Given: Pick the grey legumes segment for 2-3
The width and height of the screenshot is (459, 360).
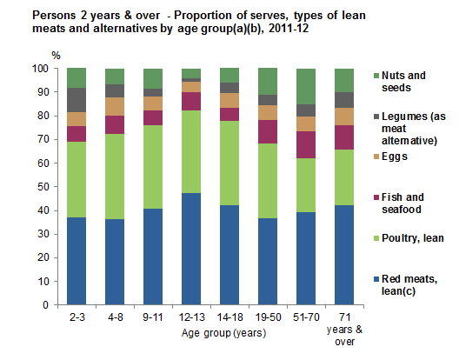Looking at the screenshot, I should (x=76, y=100).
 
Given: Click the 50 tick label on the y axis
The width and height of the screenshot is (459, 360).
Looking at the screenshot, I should (x=43, y=187).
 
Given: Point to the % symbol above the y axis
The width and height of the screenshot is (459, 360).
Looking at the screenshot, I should (x=57, y=56).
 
